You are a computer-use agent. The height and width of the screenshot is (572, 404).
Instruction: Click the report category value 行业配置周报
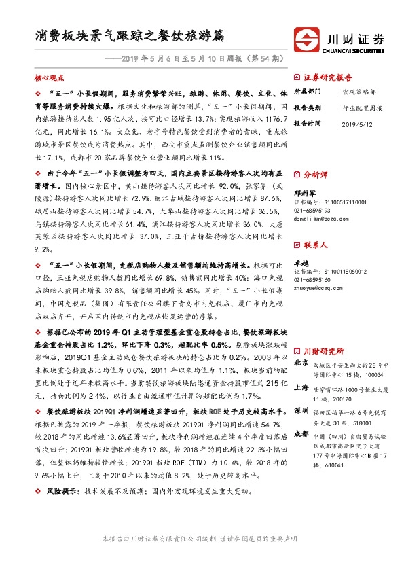click(359, 107)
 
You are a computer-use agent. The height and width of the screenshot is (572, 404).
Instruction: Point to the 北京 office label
click(301, 364)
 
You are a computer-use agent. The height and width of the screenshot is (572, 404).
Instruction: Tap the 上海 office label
click(301, 388)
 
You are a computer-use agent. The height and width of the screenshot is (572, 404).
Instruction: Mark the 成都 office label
click(301, 433)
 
